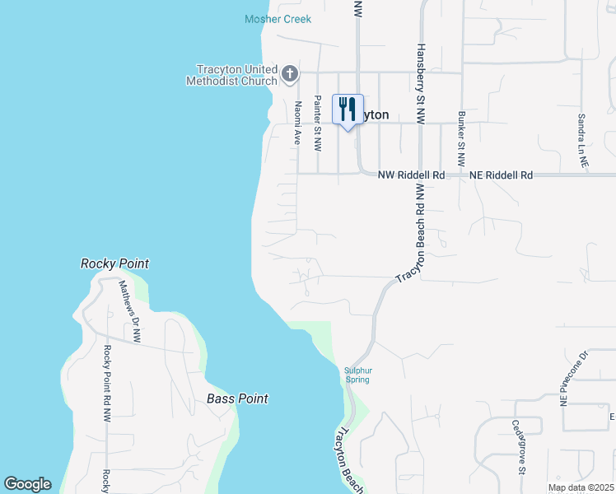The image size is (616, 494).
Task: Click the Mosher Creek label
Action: tap(278, 19)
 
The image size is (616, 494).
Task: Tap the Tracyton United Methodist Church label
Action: tap(235, 75)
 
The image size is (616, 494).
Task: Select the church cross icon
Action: tap(289, 75)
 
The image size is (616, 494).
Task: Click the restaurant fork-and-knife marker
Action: tap(348, 109)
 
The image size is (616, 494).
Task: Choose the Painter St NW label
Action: tap(318, 126)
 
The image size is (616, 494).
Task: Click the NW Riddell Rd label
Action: tap(411, 175)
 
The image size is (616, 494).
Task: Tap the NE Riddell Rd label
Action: tap(501, 175)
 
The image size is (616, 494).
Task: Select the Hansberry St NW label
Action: tap(421, 84)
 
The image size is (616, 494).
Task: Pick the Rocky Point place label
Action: tap(114, 263)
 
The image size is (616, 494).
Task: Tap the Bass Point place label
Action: tap(237, 398)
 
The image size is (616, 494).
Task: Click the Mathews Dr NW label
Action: tap(130, 311)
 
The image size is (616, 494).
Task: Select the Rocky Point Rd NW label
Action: tap(106, 384)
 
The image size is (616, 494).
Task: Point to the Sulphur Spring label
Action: tap(357, 375)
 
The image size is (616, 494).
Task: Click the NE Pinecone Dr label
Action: tap(574, 380)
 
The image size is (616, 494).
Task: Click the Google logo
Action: tap(27, 484)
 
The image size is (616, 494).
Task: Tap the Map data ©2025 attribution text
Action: tap(581, 487)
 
